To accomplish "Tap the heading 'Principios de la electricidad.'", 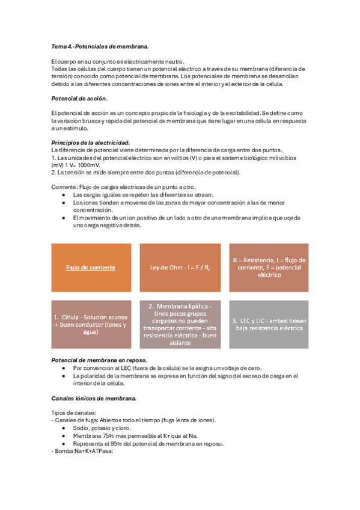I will [x=91, y=142].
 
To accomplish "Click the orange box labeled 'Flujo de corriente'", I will [x=91, y=267].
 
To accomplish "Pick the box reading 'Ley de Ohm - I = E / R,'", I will [x=180, y=267].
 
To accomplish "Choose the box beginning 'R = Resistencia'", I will [x=269, y=267].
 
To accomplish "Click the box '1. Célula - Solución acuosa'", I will [x=91, y=325].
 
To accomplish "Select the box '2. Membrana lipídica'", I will [x=180, y=325].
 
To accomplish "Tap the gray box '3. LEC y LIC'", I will [x=269, y=325].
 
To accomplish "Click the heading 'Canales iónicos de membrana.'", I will [x=94, y=398].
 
